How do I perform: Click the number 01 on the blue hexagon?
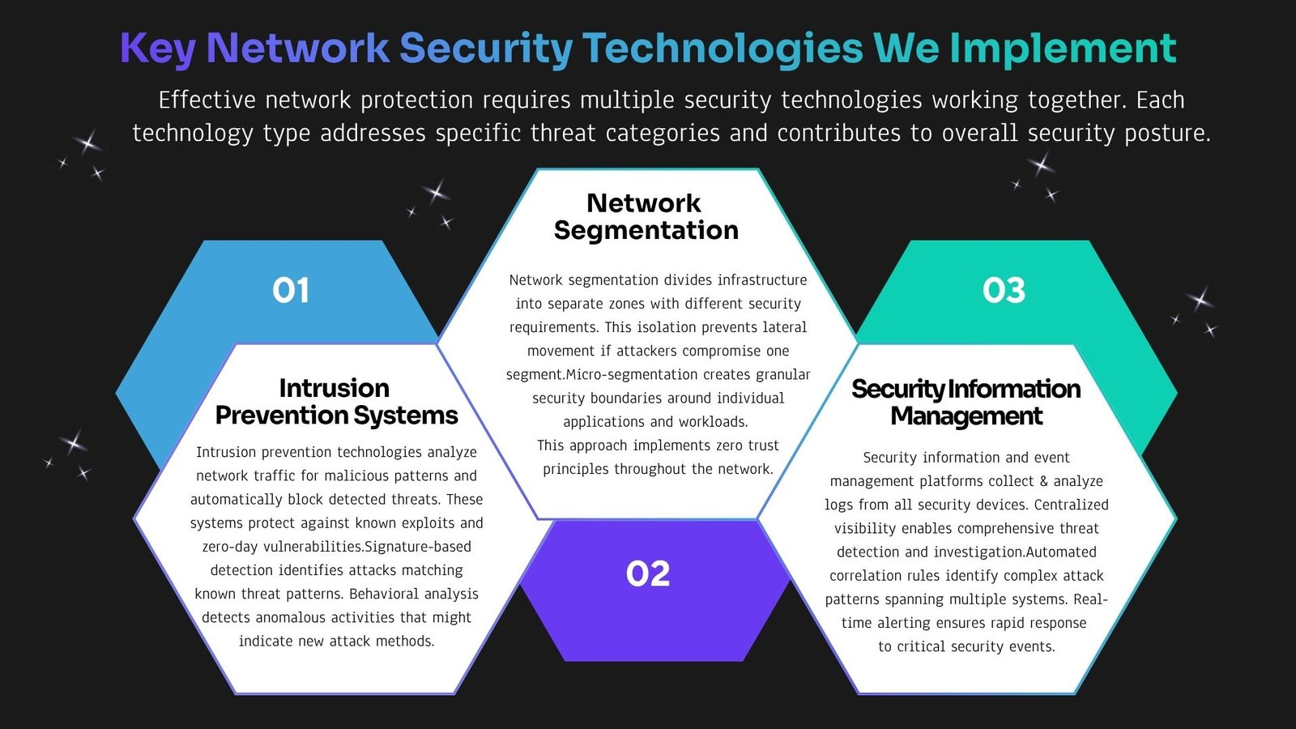coord(291,290)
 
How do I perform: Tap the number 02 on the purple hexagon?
coord(648,574)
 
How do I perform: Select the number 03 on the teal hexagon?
coord(1004,290)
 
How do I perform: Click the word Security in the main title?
coord(486,48)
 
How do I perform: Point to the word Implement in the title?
coord(1064,48)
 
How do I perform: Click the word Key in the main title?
coord(158,48)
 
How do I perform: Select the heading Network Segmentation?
coord(646,216)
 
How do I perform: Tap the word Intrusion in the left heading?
coord(335,388)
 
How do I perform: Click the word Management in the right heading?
coord(966,416)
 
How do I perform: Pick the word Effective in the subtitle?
coord(207,100)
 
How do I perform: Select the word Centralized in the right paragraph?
coord(1072,505)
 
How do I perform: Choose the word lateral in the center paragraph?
coord(785,327)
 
